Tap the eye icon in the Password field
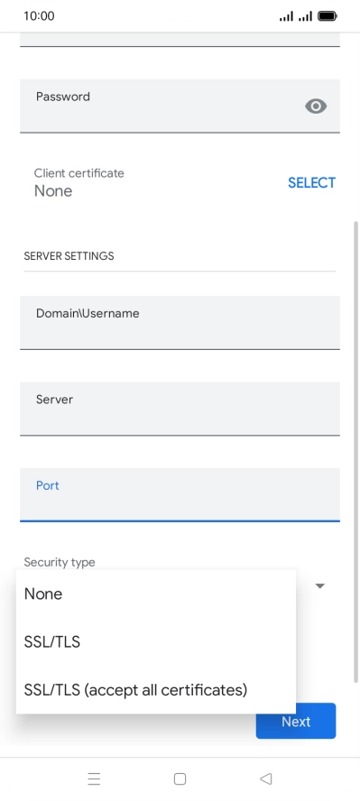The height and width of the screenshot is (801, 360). [x=315, y=106]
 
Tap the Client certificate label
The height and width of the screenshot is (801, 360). [x=79, y=173]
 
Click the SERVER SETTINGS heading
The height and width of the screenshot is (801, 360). [x=69, y=256]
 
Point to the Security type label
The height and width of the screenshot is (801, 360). [x=60, y=562]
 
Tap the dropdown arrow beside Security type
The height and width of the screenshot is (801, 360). [x=319, y=586]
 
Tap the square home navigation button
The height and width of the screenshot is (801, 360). [x=180, y=778]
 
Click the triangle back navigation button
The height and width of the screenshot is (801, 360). [x=265, y=778]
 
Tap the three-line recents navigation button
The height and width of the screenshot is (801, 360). [x=94, y=778]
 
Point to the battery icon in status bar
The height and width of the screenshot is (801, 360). [x=327, y=16]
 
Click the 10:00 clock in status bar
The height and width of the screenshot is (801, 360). [x=39, y=16]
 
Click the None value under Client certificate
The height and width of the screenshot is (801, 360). [x=53, y=191]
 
